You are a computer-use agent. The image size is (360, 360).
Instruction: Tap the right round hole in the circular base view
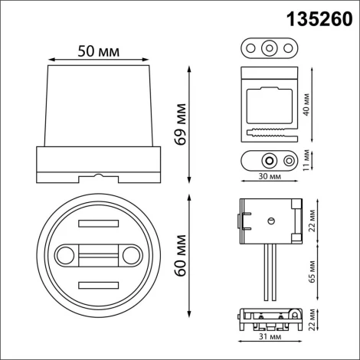132,254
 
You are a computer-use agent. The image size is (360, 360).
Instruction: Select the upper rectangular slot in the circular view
97,224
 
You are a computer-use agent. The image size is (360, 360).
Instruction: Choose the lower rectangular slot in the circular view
97,285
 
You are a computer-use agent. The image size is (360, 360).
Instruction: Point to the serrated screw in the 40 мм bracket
266,133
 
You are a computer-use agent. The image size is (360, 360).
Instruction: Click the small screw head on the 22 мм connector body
270,220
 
